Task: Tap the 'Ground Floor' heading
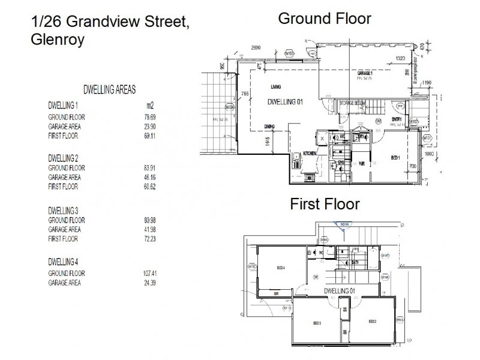pos(325,19)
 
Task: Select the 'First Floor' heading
pos(325,204)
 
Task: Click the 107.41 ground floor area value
pos(144,274)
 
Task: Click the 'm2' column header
pos(142,106)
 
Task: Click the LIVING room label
pos(276,86)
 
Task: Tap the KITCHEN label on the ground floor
pos(309,154)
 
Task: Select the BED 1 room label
pos(395,158)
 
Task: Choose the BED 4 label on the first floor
pos(281,268)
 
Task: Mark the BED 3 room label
pos(317,323)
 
